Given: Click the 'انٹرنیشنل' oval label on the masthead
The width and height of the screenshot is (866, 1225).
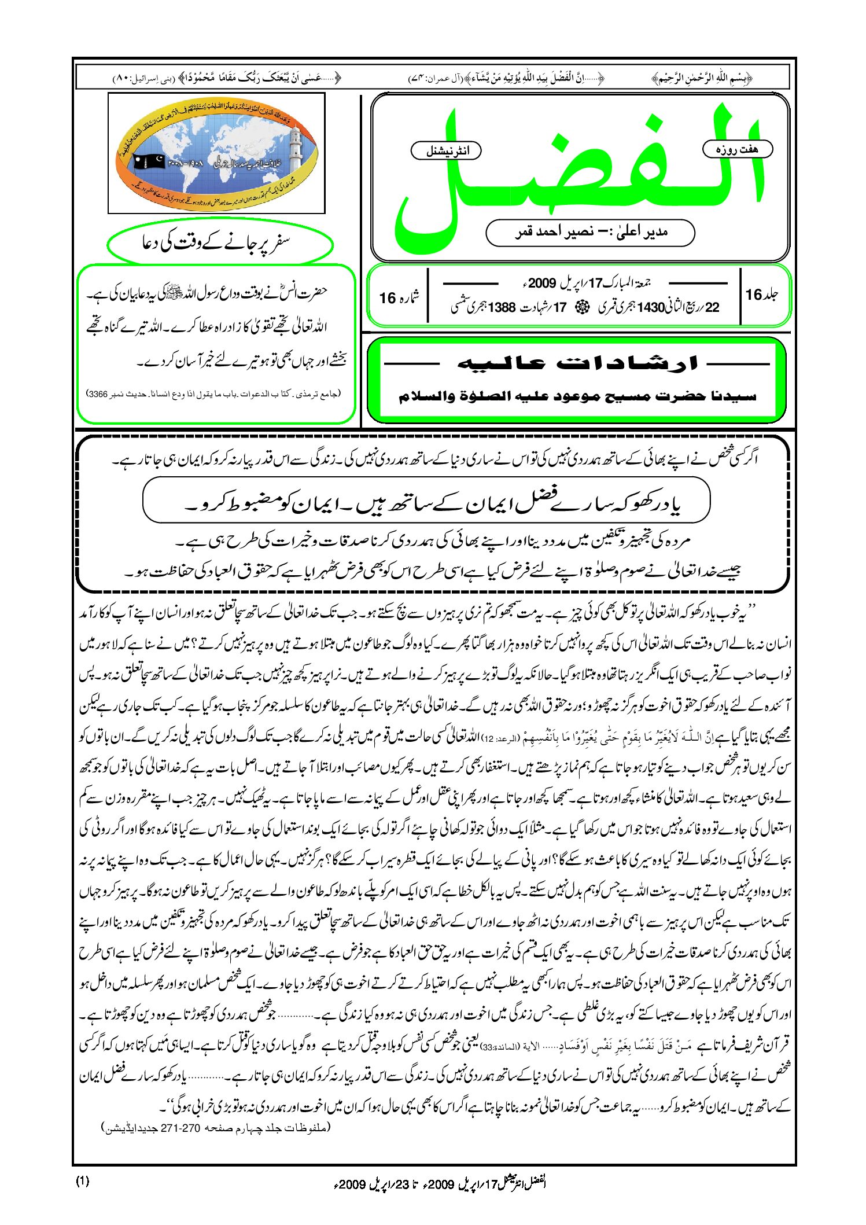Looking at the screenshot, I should click(446, 151).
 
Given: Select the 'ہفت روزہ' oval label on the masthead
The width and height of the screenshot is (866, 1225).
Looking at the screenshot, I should click(737, 149).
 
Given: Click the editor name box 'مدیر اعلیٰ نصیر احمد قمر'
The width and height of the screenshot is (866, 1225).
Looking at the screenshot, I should click(590, 233).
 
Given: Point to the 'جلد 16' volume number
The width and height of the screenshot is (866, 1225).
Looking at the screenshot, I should click(761, 295).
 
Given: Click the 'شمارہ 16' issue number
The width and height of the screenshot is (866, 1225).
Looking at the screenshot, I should click(399, 297).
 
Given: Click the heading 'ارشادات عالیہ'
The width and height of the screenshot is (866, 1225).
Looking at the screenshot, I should click(577, 363).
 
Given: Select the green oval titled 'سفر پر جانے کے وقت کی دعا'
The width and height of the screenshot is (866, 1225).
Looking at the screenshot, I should click(220, 243).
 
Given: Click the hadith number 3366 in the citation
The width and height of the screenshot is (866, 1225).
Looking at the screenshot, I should click(97, 393).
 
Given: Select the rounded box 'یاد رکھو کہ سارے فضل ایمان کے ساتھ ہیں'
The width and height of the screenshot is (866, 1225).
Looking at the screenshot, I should click(426, 500).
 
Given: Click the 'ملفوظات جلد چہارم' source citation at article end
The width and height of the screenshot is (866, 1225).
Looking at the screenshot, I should click(216, 1128).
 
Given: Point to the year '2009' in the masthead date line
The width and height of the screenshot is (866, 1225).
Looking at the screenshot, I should click(541, 283).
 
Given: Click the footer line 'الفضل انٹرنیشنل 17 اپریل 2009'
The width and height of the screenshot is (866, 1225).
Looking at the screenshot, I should click(440, 1183).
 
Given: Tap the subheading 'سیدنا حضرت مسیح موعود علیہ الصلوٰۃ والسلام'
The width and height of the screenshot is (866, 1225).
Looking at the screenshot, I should click(577, 396).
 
